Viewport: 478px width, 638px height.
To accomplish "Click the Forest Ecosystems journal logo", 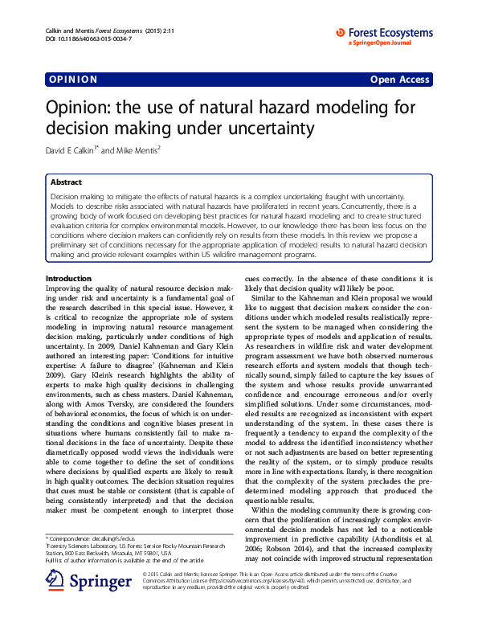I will [x=385, y=33].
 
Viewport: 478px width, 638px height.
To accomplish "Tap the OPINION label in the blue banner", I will [x=74, y=80].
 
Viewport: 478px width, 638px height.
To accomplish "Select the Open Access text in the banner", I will [x=399, y=80].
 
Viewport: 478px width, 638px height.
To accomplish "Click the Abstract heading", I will [x=66, y=182].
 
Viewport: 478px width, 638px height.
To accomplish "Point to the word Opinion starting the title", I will [x=77, y=107].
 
